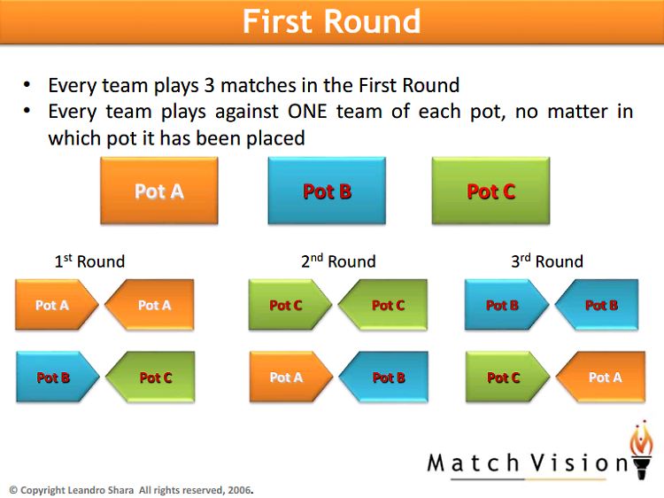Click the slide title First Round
point(332,21)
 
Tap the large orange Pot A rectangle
point(159,191)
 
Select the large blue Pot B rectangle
point(327,191)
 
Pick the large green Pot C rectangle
point(490,191)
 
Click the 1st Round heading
point(89,261)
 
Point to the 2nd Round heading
point(338,261)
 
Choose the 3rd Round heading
point(547,261)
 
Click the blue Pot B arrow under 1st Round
point(58,377)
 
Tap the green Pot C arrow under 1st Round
point(151,377)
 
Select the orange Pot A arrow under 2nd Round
point(291,377)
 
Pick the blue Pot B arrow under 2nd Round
point(383,377)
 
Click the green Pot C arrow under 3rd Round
point(507,377)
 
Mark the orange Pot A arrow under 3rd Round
point(600,377)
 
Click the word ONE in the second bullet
point(307,112)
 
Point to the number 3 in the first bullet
point(209,86)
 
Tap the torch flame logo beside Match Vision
point(642,449)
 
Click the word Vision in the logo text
point(580,463)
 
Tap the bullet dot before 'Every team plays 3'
point(27,85)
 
